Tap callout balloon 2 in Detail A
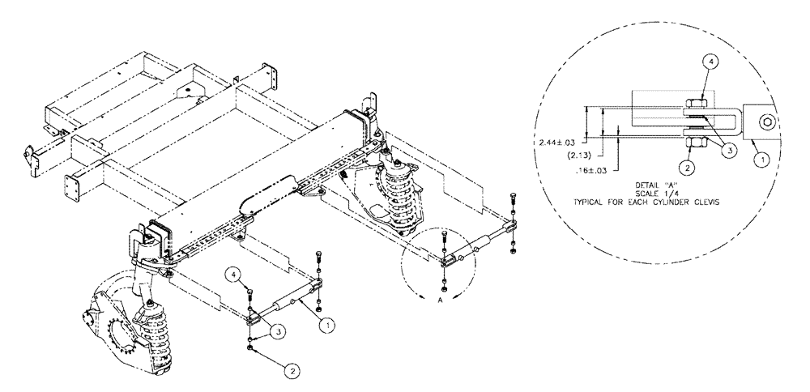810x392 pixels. [687, 168]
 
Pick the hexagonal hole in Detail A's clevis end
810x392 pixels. [766, 122]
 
